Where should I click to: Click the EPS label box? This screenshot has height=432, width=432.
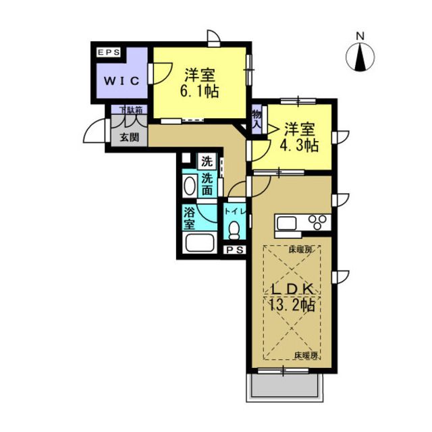(x=109, y=53)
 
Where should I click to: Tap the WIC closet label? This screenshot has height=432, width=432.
(x=122, y=81)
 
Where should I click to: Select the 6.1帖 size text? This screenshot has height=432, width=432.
(x=200, y=91)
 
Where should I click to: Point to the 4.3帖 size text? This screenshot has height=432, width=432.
(x=299, y=145)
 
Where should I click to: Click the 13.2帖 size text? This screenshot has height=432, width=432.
(x=292, y=304)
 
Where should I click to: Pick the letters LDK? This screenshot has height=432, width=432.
(x=293, y=290)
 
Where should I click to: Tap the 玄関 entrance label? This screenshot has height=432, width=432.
(x=129, y=137)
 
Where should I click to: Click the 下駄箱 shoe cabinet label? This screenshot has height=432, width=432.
(x=131, y=110)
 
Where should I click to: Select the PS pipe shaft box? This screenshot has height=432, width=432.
(x=234, y=250)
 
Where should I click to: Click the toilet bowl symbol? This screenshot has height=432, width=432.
(x=234, y=230)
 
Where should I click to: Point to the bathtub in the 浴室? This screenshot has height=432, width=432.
(x=200, y=242)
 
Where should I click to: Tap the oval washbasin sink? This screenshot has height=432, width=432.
(x=190, y=186)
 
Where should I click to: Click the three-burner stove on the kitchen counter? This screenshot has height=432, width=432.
(x=319, y=222)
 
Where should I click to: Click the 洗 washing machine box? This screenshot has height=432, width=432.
(x=207, y=161)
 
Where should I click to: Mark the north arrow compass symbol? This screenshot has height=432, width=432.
(x=360, y=57)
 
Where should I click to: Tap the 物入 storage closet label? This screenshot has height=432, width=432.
(x=256, y=119)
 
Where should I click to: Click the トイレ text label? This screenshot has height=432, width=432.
(x=235, y=211)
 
